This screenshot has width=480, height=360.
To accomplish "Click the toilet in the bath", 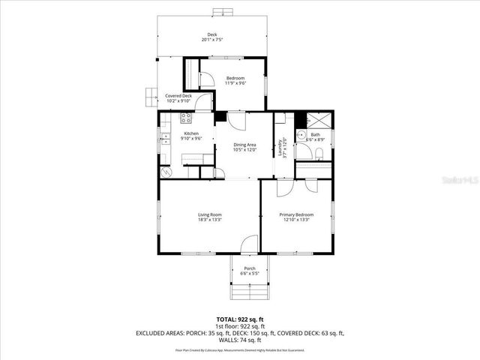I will (319, 154).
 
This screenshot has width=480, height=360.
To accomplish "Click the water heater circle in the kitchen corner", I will (166, 171).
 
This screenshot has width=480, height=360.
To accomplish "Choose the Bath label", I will (315, 135).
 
